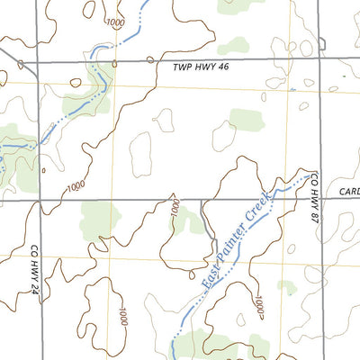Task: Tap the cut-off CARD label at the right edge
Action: point(349,192)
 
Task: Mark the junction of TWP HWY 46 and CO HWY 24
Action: point(37,63)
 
